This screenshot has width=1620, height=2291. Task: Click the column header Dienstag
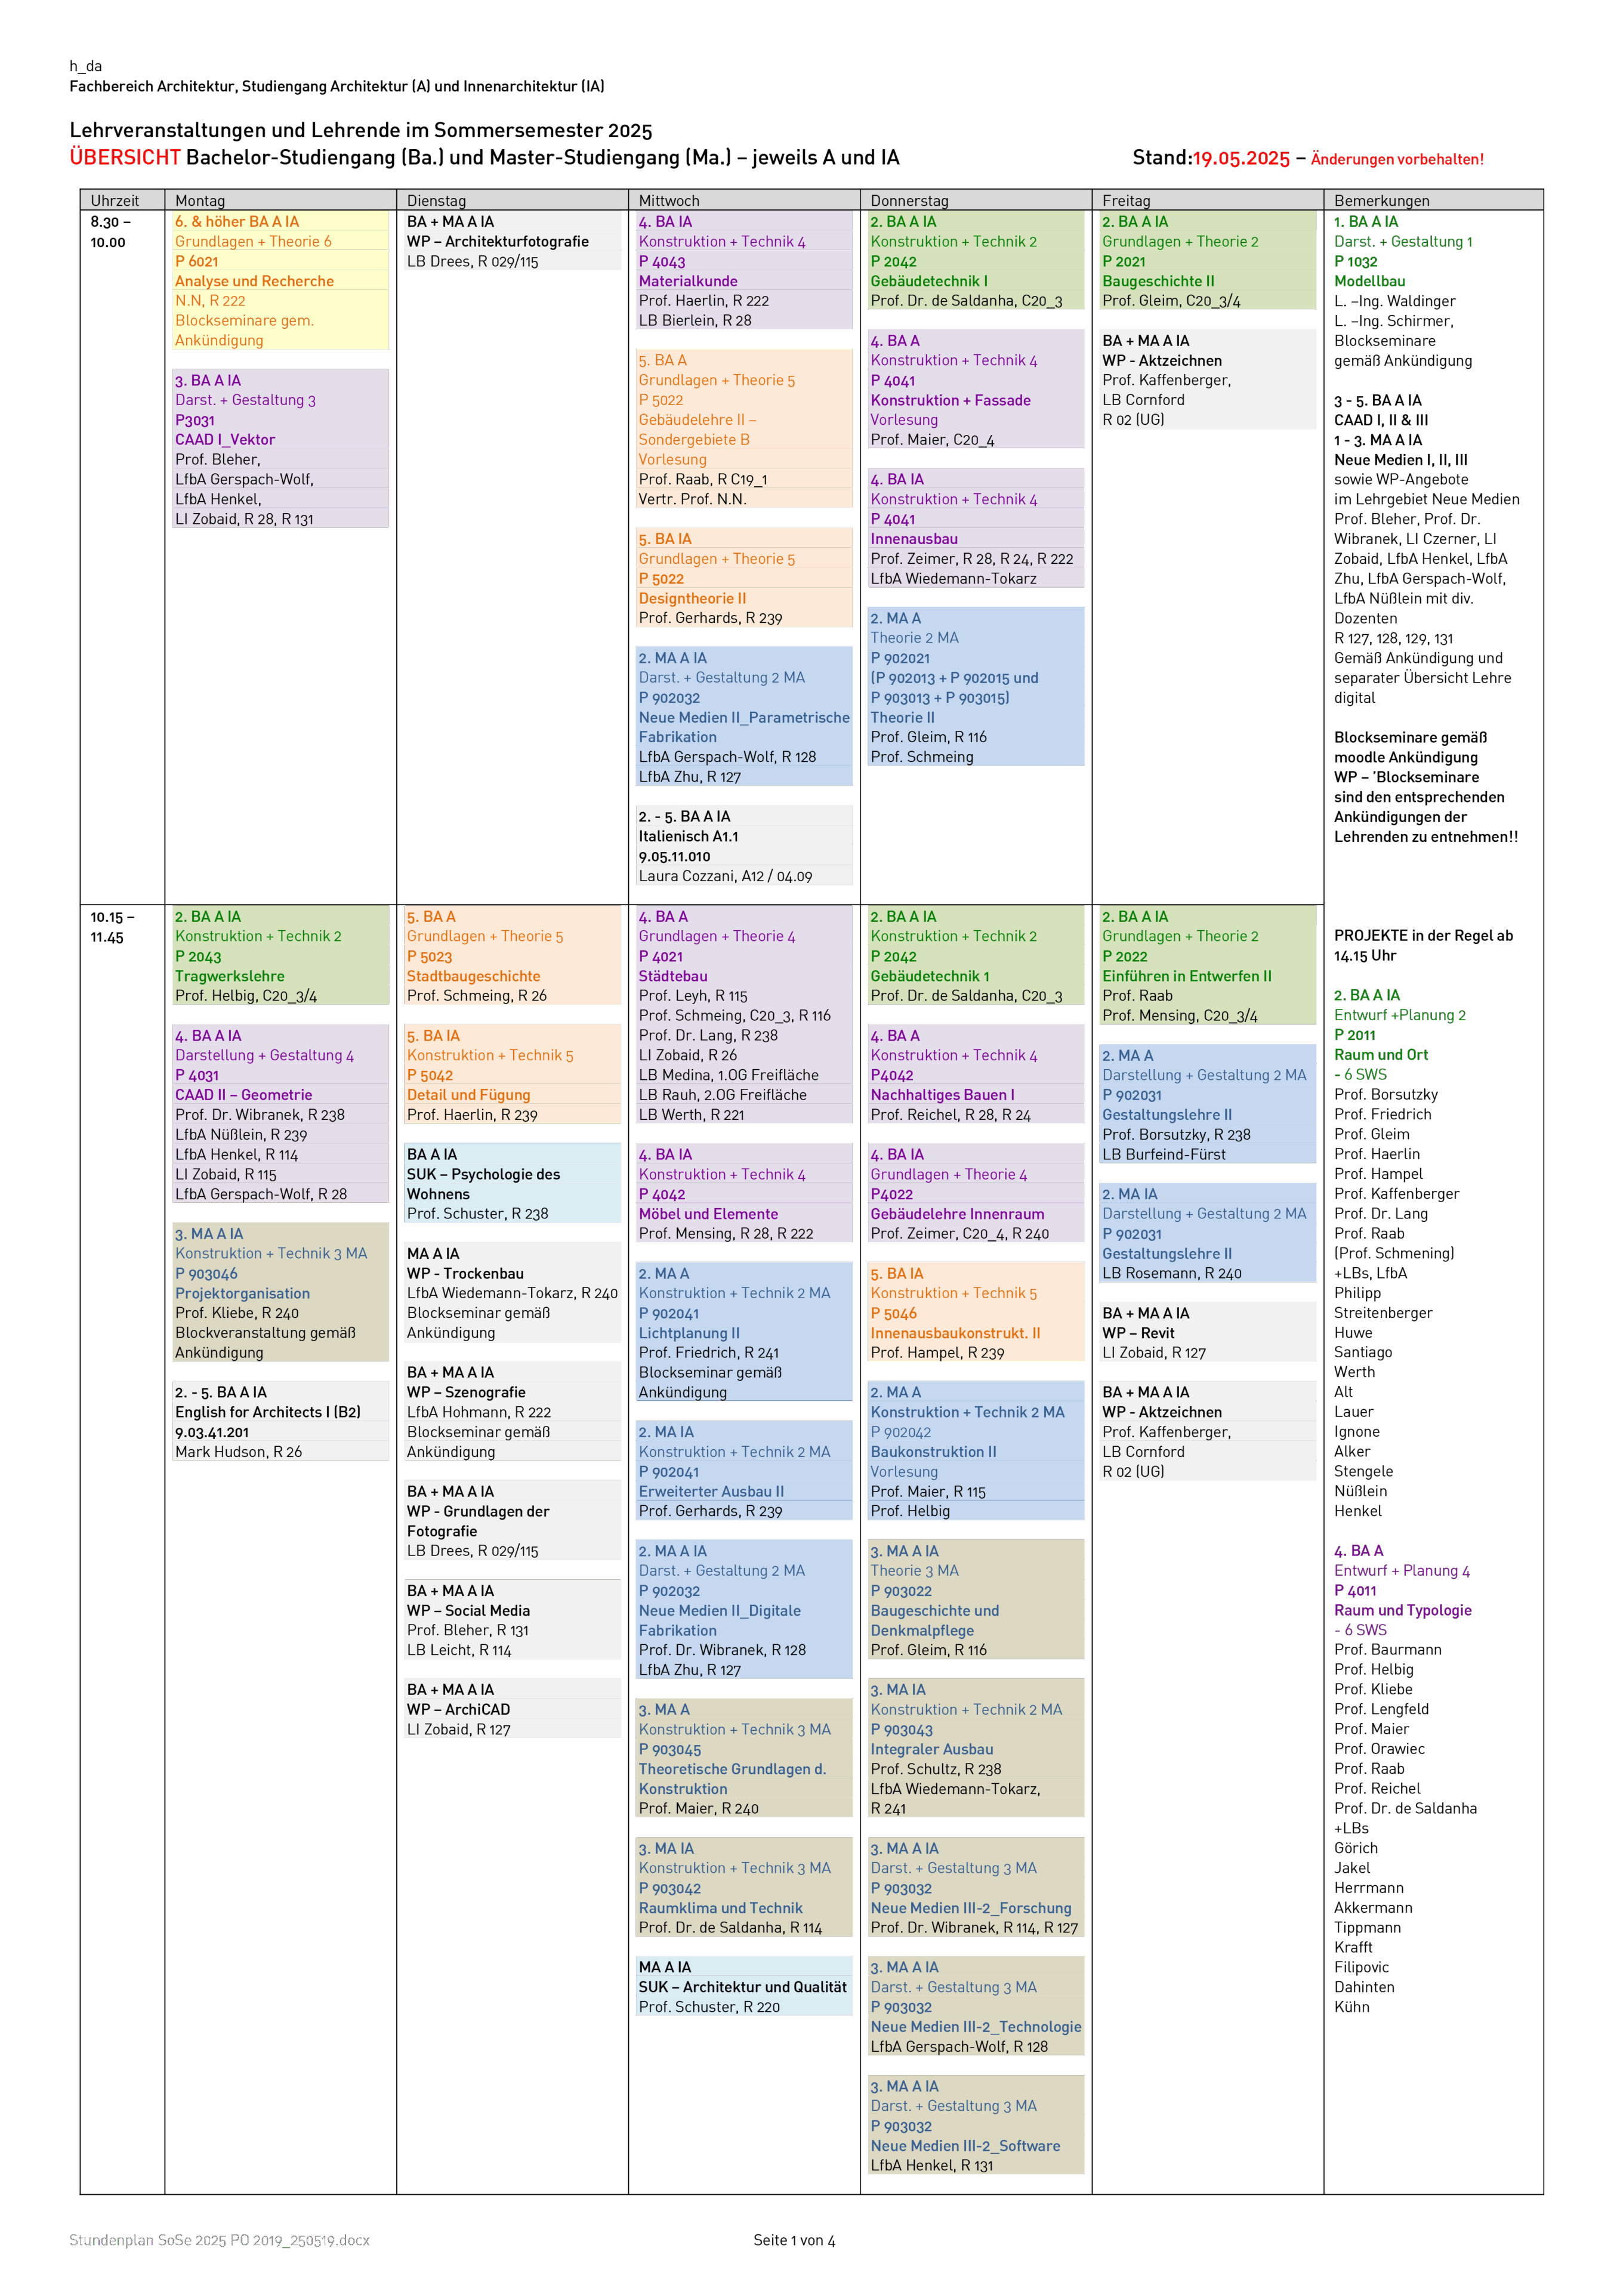[436, 200]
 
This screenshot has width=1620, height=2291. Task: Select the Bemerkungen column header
[1381, 200]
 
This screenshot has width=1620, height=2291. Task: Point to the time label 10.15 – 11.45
[112, 927]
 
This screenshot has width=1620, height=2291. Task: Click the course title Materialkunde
[688, 282]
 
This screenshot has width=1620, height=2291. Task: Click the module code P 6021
[197, 261]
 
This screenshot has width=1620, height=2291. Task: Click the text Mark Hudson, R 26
[239, 1452]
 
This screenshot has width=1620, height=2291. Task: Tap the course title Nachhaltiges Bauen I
[942, 1095]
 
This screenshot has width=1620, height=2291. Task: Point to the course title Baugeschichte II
[1158, 282]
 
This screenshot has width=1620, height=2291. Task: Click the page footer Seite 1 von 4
[795, 2240]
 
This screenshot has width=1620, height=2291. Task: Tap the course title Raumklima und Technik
[721, 1908]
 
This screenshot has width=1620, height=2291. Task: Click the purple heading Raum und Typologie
[1402, 1610]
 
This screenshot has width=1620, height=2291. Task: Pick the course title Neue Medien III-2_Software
[965, 2145]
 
